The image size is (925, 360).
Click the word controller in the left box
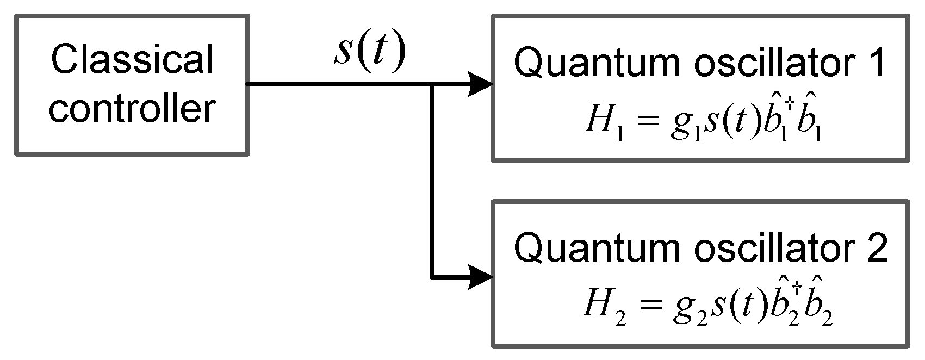pos(133,108)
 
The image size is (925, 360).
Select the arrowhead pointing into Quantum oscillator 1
pos(481,85)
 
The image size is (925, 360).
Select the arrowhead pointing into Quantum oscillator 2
pos(481,277)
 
